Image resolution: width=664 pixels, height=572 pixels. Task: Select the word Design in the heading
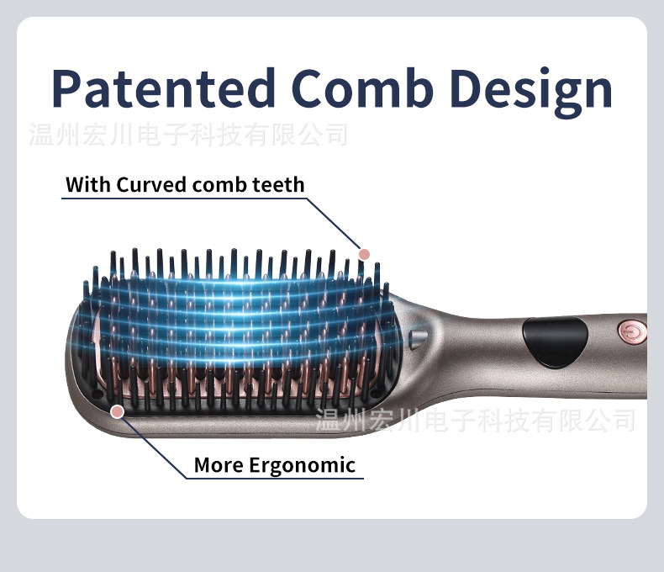pyautogui.click(x=531, y=91)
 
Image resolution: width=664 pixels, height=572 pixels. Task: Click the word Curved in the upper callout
pyautogui.click(x=151, y=185)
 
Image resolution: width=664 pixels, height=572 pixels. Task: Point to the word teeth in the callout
pyautogui.click(x=279, y=185)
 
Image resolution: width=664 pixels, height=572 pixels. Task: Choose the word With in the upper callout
pyautogui.click(x=89, y=185)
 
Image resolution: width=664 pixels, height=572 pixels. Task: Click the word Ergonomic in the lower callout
pyautogui.click(x=302, y=466)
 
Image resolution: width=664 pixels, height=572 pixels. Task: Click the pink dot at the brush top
pyautogui.click(x=364, y=254)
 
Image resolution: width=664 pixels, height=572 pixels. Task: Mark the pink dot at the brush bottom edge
pyautogui.click(x=118, y=411)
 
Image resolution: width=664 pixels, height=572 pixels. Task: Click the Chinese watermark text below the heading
pyautogui.click(x=188, y=135)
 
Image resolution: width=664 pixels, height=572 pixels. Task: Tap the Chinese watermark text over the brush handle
pyautogui.click(x=476, y=420)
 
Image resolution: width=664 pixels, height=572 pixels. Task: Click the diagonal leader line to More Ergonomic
pyautogui.click(x=152, y=446)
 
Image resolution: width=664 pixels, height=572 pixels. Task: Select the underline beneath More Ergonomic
pyautogui.click(x=275, y=479)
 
